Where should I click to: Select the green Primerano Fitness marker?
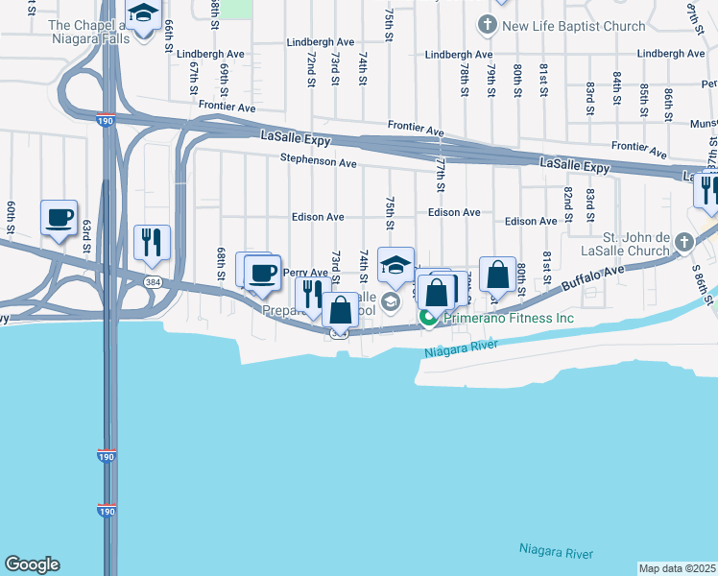(x=427, y=318)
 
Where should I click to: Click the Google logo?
(x=32, y=564)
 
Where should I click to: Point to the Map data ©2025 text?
(x=677, y=568)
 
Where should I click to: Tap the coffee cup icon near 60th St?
(x=60, y=218)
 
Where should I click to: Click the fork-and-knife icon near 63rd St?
(x=151, y=242)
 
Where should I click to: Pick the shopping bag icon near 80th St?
(x=498, y=276)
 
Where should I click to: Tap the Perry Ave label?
(x=306, y=273)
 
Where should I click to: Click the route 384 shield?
(x=153, y=281)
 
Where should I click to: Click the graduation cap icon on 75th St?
(x=395, y=266)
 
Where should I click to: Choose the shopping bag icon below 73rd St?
(x=340, y=310)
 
